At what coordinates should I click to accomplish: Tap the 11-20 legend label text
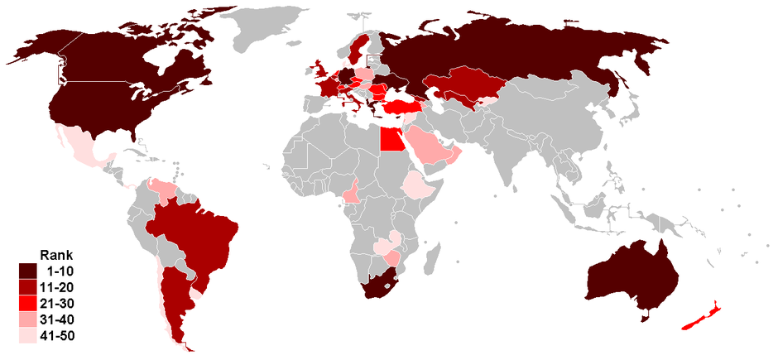(x=68, y=286)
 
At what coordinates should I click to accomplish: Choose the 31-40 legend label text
(x=68, y=319)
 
